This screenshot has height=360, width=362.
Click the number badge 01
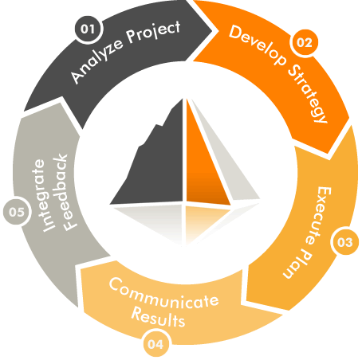[x=88, y=29]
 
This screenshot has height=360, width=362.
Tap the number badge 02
[x=304, y=42]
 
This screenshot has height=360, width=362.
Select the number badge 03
[x=344, y=242]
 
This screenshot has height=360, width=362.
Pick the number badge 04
[x=155, y=344]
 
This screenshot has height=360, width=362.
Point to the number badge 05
[x=17, y=212]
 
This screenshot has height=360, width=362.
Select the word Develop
[x=258, y=45]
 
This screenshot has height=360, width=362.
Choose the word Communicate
[x=163, y=293]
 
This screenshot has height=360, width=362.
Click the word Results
[x=158, y=317]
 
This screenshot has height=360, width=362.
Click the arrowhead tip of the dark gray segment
[x=212, y=31]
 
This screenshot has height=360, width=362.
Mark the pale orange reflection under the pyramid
[x=205, y=221]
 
